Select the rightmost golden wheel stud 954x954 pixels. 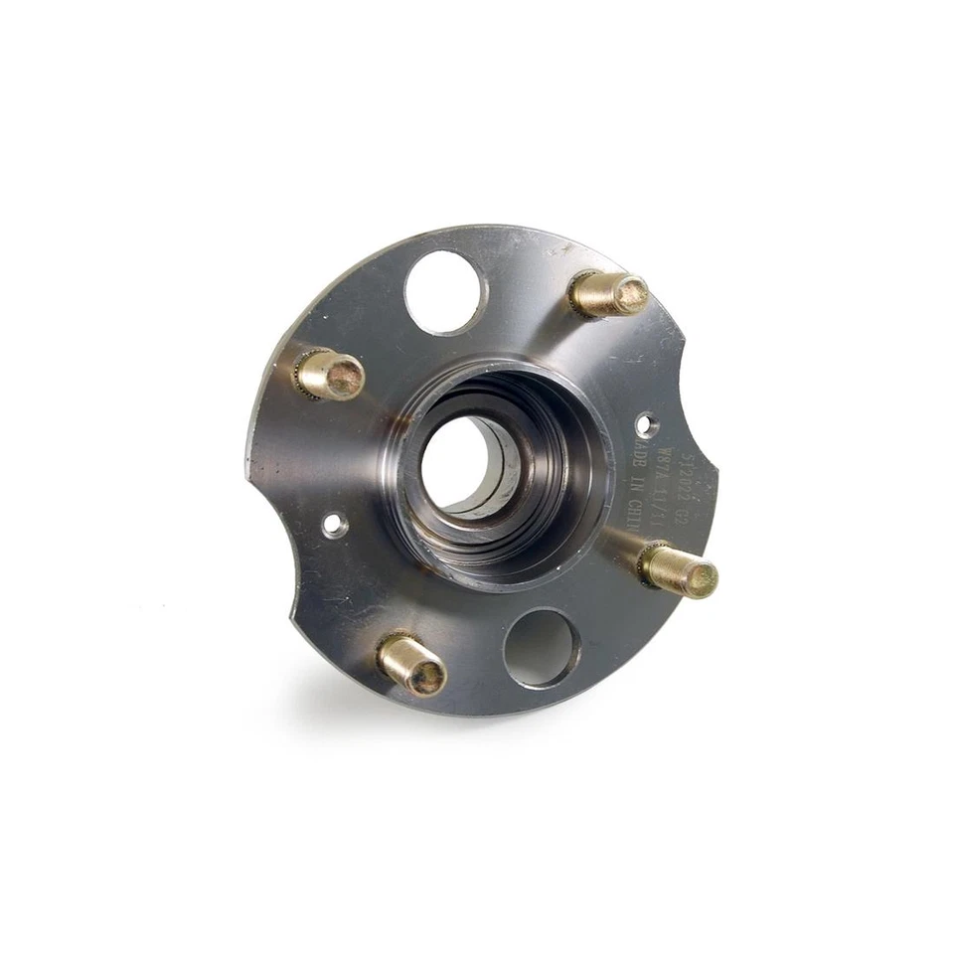680,570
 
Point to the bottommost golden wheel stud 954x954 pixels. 411,664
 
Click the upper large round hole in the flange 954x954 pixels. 445,291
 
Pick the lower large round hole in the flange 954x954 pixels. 541,648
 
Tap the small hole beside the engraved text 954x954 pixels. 646,425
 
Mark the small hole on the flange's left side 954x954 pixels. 335,524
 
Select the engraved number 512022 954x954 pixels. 678,475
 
